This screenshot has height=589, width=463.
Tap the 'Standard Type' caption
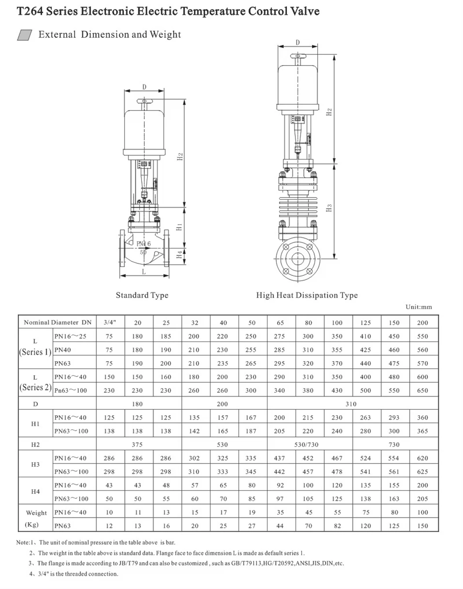pyautogui.click(x=142, y=295)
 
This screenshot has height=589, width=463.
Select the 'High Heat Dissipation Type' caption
pyautogui.click(x=307, y=295)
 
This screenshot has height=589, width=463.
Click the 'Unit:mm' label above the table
pyautogui.click(x=419, y=307)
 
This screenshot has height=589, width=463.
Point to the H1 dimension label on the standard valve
pyautogui.click(x=179, y=227)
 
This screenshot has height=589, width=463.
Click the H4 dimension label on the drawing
pyautogui.click(x=179, y=255)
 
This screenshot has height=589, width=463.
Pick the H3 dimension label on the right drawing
pyautogui.click(x=329, y=208)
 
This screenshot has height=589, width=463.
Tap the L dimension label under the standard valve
pyautogui.click(x=143, y=271)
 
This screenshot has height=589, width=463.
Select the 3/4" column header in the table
pyautogui.click(x=110, y=322)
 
